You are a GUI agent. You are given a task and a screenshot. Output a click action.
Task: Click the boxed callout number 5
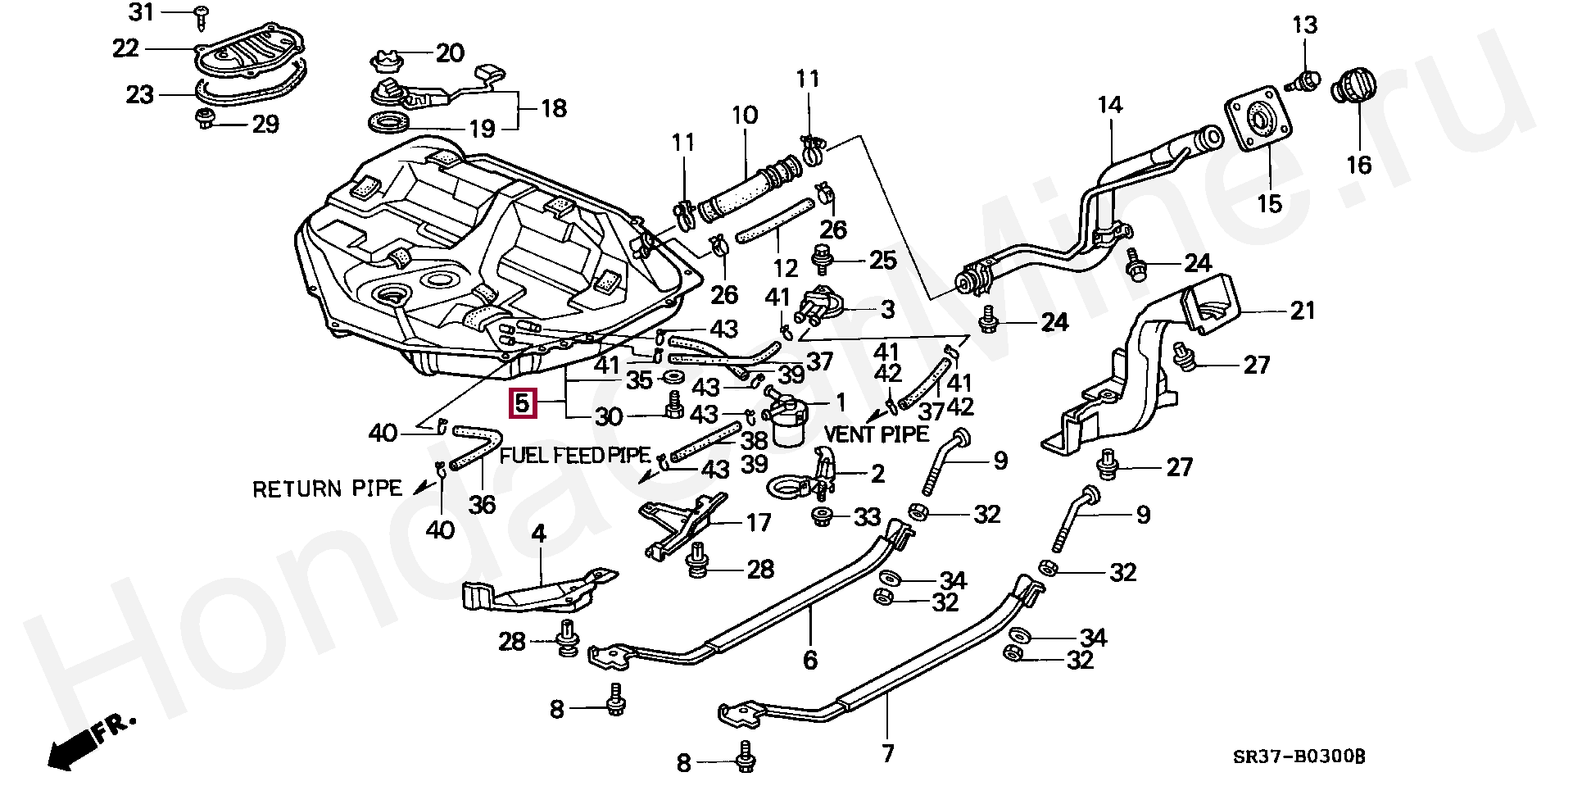[523, 403]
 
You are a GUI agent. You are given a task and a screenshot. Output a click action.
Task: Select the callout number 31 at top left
[142, 12]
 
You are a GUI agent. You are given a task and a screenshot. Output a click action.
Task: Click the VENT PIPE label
[877, 434]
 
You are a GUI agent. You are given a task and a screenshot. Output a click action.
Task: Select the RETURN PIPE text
[327, 489]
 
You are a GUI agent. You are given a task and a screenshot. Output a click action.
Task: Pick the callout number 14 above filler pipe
[1110, 105]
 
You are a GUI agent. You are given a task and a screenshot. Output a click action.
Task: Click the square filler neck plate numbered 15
[1258, 122]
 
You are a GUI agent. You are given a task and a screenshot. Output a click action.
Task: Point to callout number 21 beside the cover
[1302, 311]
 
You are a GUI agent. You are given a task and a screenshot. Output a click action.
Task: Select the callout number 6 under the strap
[810, 659]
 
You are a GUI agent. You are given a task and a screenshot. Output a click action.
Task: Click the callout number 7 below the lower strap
[888, 752]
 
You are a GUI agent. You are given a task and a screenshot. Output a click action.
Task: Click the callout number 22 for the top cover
[125, 48]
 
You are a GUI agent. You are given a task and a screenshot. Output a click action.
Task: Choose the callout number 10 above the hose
[745, 115]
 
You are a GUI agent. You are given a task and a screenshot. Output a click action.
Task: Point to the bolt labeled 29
[203, 118]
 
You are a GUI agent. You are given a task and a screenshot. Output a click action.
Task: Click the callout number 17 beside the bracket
[758, 522]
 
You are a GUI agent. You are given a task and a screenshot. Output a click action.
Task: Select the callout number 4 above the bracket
[538, 534]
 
